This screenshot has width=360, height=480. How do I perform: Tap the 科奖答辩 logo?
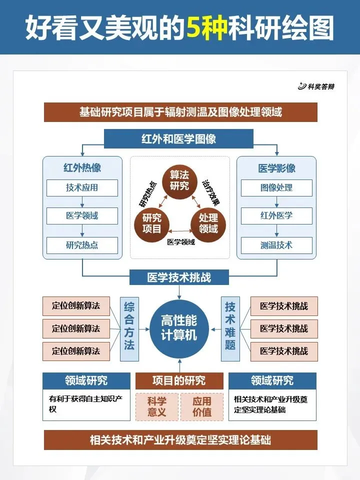316,86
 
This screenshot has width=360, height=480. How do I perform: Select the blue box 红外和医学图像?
179,139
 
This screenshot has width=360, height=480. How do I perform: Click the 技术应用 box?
82,188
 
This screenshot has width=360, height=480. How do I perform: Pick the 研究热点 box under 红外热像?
82,245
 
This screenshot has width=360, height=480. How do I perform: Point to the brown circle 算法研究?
179,180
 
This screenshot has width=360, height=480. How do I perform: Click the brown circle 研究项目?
152,223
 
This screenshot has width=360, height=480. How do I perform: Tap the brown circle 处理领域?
208,223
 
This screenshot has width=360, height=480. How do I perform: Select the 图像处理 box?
276,188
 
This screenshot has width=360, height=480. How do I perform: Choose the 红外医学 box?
276,216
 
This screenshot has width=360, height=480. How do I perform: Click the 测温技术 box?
276,245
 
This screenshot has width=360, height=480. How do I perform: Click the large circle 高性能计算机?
179,328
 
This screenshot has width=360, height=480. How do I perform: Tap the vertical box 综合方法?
129,328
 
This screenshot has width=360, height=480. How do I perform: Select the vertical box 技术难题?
230,328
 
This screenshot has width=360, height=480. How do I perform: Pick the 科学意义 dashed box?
156,406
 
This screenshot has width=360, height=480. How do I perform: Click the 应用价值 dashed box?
202,406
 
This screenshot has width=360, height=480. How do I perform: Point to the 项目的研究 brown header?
179,380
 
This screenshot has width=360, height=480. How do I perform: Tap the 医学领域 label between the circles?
181,242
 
